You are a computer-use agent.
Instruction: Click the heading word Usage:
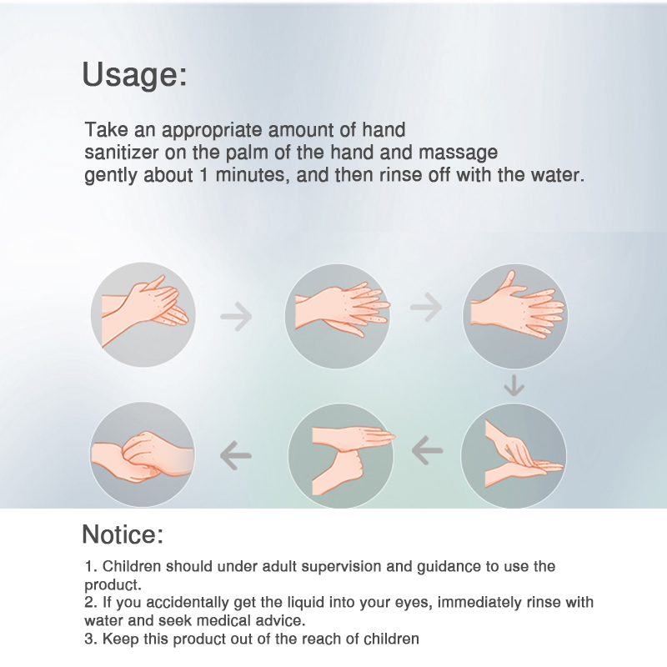point(134,75)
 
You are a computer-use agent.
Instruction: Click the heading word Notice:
point(123,534)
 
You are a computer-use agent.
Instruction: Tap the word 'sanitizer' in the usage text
point(122,153)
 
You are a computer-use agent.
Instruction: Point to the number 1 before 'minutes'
point(204,175)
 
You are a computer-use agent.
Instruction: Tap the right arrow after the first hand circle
point(237,317)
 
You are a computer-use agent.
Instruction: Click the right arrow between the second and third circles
point(426,307)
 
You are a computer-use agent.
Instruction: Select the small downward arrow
point(514,385)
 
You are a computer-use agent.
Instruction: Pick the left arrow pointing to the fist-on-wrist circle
point(427,450)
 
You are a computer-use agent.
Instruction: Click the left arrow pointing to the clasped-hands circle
point(236,455)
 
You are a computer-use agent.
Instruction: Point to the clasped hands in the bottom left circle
point(142,457)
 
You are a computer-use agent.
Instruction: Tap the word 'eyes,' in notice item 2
point(414,604)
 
